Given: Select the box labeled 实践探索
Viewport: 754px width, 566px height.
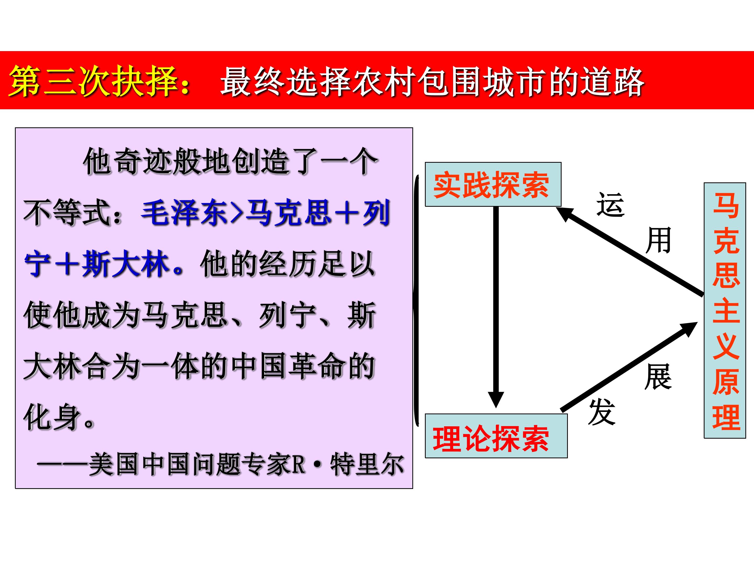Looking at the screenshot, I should click(x=492, y=184).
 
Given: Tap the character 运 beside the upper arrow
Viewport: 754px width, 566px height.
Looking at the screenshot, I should click(x=610, y=205).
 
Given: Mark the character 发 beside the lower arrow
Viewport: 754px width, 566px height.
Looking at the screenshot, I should click(x=602, y=412).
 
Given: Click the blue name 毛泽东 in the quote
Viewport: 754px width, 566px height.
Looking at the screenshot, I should click(x=184, y=213).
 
